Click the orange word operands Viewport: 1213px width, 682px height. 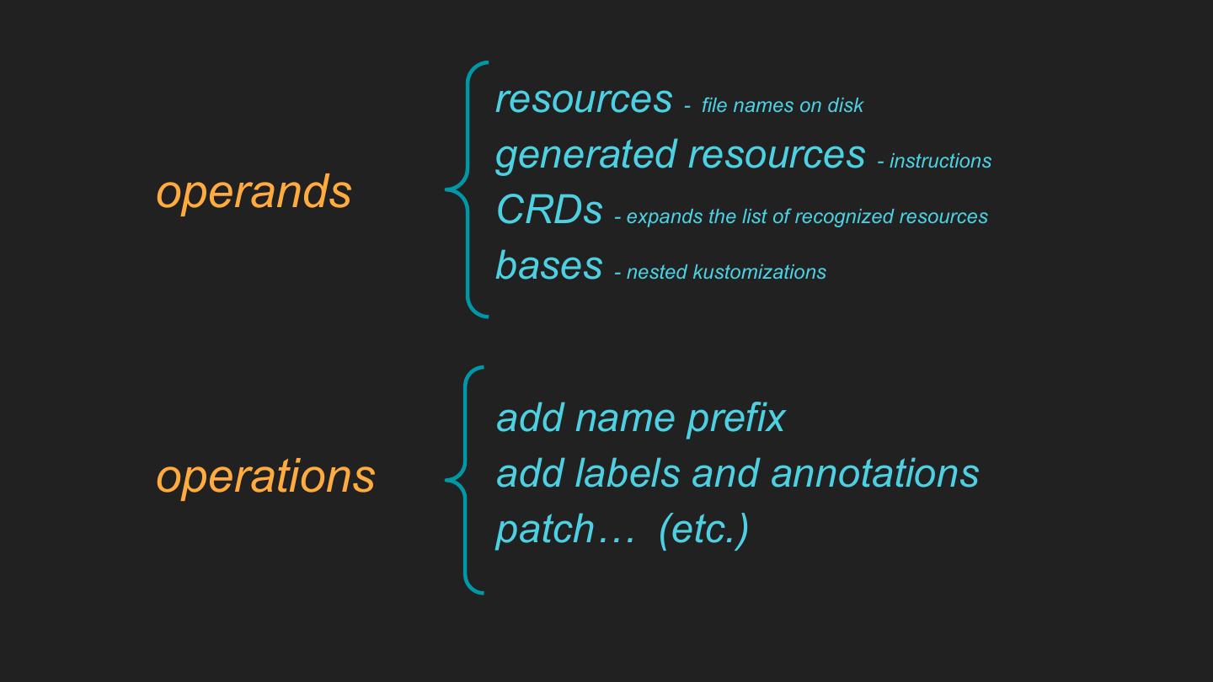pyautogui.click(x=254, y=192)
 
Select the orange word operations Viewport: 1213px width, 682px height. pyautogui.click(x=265, y=477)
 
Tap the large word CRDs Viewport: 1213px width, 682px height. pyautogui.click(x=549, y=210)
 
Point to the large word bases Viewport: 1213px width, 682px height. pyautogui.click(x=549, y=265)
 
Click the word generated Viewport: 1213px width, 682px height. pyautogui.click(x=585, y=155)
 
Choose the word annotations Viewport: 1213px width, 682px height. pyautogui.click(x=874, y=473)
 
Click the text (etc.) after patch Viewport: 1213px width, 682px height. pyautogui.click(x=703, y=530)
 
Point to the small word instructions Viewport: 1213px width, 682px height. pyautogui.click(x=940, y=161)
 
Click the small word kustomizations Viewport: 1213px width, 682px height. pyautogui.click(x=759, y=272)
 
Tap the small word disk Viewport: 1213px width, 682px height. pyautogui.click(x=845, y=105)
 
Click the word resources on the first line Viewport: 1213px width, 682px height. pyautogui.click(x=584, y=100)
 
